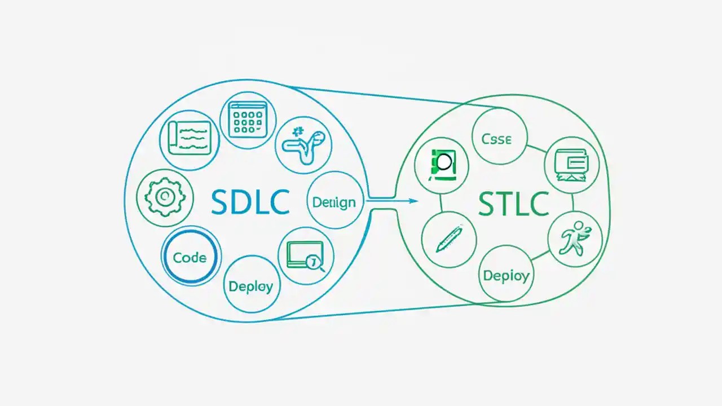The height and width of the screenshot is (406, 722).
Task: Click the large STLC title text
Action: (x=513, y=204)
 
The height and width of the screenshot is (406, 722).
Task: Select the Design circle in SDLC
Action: (x=334, y=200)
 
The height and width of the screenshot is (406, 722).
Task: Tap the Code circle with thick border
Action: (x=191, y=258)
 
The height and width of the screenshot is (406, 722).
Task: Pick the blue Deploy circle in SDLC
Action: (x=251, y=285)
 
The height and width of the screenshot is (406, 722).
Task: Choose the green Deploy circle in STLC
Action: (x=506, y=275)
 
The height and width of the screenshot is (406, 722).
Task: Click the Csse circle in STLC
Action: (x=499, y=138)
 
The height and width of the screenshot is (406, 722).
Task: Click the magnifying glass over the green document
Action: (x=444, y=162)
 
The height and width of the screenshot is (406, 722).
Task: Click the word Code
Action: (x=190, y=258)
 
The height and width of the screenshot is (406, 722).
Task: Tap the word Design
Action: (x=334, y=201)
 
